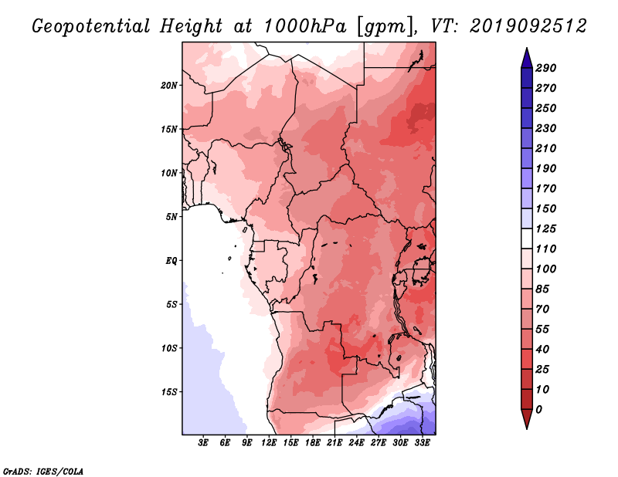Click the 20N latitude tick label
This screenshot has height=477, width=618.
coord(169,86)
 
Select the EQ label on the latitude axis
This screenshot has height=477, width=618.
coord(171,261)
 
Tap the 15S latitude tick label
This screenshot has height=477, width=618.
coord(169,392)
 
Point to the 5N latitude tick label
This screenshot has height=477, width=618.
coord(171,217)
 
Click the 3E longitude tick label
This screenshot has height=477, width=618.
coord(203,443)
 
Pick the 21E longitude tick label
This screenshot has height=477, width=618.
coord(334,443)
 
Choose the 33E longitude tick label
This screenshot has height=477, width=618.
coord(422,443)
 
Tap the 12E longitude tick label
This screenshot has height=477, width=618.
coord(269,443)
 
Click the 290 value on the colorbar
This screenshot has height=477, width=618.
coord(545,68)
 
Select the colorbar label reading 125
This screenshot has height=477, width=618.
coord(545,228)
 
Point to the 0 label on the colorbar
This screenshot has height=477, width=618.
coord(538,410)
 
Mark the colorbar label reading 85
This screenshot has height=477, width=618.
coord(542,289)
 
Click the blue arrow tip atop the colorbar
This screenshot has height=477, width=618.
coord(527,48)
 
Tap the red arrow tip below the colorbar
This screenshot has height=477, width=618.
coord(527,428)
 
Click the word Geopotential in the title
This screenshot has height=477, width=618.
coord(90,27)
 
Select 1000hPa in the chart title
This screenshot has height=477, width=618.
coord(304,26)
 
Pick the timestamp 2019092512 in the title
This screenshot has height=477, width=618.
coord(528,26)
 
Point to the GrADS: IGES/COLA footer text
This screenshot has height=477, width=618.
coord(43,472)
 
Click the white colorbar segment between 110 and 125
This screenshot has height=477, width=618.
coord(527,238)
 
